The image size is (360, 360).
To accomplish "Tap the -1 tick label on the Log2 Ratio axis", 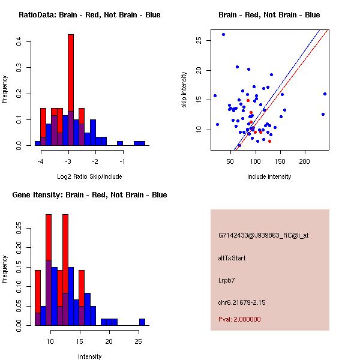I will coord(122,162).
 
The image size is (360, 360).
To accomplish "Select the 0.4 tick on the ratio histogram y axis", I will coord(20,41).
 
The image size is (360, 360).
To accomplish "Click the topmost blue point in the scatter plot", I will coord(223,34).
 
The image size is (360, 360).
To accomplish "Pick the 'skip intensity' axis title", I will coord(185,90).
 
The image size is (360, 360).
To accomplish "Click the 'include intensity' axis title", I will coord(269,176).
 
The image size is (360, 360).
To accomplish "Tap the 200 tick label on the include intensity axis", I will coord(305,161).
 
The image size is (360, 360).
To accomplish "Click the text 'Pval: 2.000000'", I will coord(239,319).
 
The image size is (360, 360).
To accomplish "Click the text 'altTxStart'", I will coord(232,258).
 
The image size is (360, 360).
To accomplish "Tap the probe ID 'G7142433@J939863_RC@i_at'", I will coord(263,236).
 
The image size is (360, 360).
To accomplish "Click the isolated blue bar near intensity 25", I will coord(142,322).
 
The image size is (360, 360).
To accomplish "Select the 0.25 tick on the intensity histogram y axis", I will coord(20,228).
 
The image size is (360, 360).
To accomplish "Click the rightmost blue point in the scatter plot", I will coord(325,94).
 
